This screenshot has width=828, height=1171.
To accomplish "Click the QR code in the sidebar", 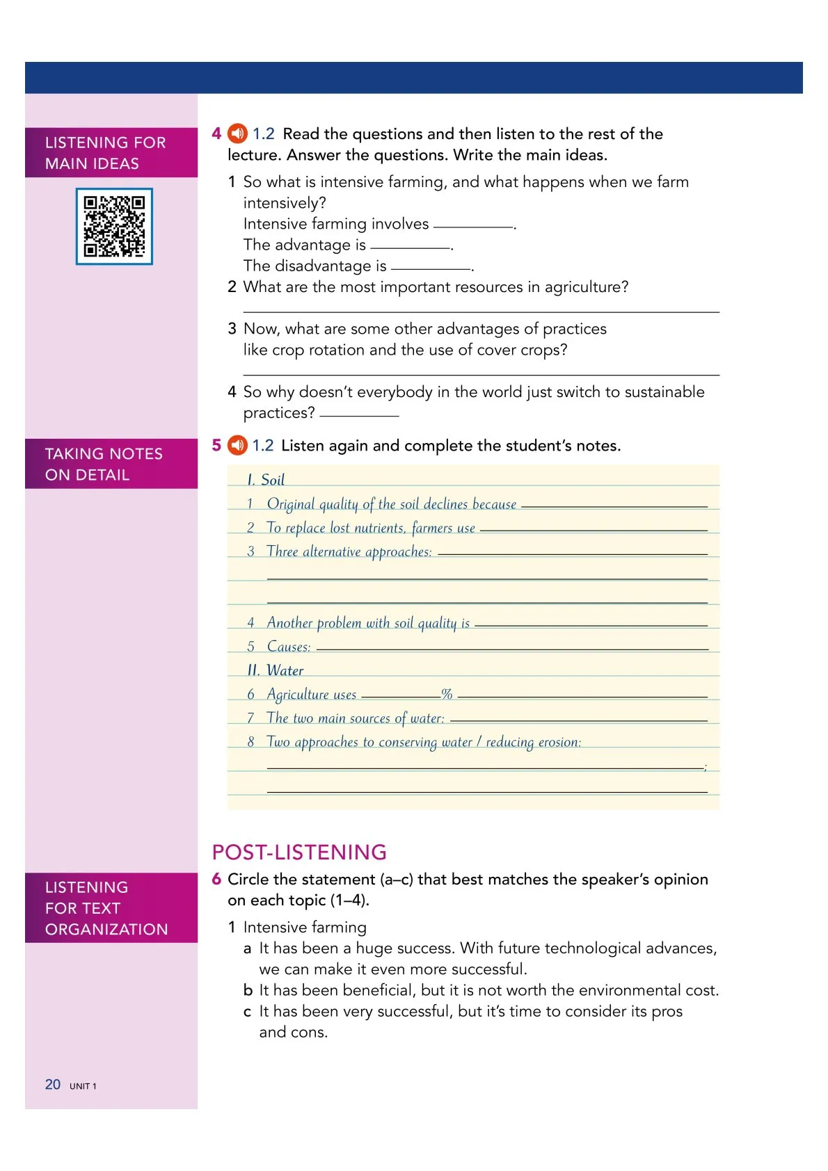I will [114, 226].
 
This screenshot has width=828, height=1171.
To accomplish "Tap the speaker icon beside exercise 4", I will [237, 133].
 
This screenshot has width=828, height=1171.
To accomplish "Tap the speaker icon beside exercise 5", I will [237, 444].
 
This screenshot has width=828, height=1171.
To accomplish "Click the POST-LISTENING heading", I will [299, 852].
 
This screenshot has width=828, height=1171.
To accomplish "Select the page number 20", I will [53, 1084].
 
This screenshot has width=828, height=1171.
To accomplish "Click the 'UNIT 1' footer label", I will [83, 1085].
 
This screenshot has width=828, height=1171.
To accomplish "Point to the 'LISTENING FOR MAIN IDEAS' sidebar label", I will [106, 153].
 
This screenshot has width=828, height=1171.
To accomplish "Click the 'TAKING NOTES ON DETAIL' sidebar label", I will [104, 464].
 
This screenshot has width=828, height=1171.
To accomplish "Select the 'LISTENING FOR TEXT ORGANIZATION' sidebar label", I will [106, 907].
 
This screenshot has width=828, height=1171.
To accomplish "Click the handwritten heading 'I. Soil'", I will [266, 479].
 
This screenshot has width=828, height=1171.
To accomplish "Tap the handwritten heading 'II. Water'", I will [276, 670].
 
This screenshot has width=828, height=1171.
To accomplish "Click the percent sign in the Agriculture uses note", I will [447, 693].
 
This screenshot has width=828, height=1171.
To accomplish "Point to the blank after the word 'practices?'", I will [359, 414].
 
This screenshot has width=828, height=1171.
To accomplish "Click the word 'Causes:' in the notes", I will [289, 646].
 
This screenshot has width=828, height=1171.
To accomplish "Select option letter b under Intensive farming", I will [248, 990].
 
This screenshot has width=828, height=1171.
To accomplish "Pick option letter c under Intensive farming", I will [247, 1011].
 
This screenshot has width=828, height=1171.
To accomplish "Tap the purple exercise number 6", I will [216, 879].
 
